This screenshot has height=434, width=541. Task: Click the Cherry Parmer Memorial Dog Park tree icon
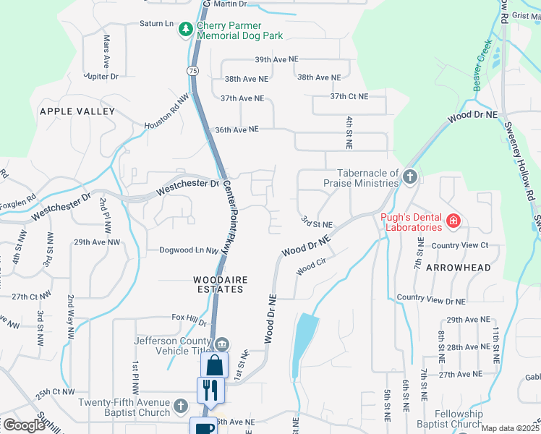(x=187, y=29)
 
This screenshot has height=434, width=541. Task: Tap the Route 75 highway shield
(x=192, y=70)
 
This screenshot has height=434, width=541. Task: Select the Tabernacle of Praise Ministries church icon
(x=410, y=176)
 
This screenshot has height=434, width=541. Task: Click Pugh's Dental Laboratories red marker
(x=453, y=221)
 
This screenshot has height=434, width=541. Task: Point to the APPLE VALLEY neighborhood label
(x=77, y=111)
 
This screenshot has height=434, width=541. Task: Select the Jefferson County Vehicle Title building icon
(x=222, y=343)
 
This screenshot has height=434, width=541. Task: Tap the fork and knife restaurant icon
(x=210, y=390)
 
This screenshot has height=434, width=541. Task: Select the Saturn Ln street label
(x=152, y=23)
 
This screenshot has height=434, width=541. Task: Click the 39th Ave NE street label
(x=276, y=59)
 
